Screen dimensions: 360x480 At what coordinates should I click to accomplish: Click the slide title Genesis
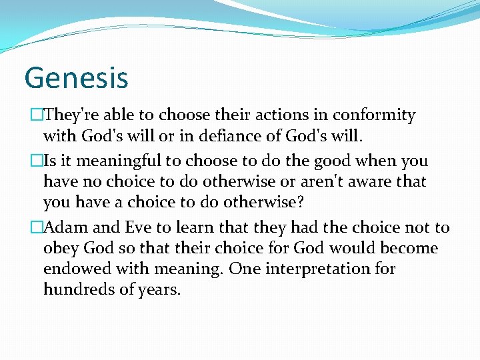point(76,77)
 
